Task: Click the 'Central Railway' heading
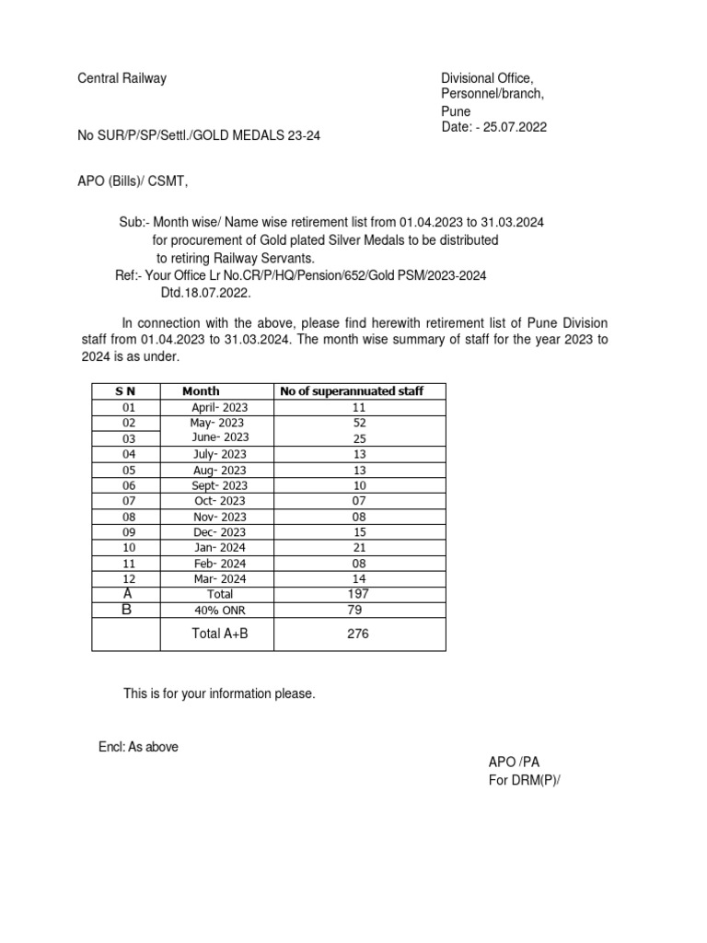pos(122,78)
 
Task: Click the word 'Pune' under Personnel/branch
pos(456,111)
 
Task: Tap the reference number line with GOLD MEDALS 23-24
pos(200,136)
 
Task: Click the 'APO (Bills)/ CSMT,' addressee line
pos(133,180)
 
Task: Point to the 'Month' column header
pos(201,391)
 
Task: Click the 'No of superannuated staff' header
pos(352,391)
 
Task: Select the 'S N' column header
pos(125,391)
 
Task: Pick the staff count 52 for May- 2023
pos(360,423)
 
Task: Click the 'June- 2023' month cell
pos(220,437)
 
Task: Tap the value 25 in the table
pos(360,438)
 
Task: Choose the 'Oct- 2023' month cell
pos(220,501)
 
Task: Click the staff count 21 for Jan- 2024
pos(360,548)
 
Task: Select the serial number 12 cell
pos(129,579)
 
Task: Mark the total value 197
pos(360,594)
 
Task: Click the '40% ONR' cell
pos(220,610)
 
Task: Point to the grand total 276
pos(356,634)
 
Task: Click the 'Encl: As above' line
pos(138,747)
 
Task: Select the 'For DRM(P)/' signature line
pos(524,781)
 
